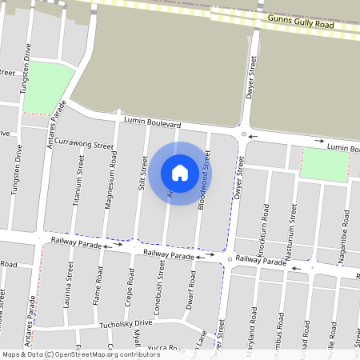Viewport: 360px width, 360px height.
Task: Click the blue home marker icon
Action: tap(180, 172)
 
